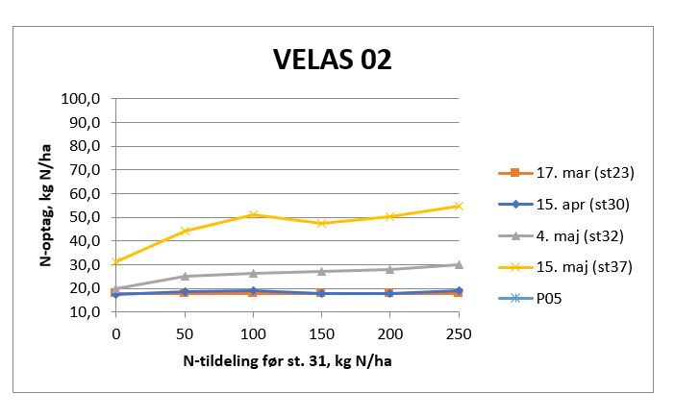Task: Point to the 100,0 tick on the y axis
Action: coord(81,99)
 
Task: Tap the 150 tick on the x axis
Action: coord(321,332)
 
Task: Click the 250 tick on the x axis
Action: coord(458,332)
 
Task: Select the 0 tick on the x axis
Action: coord(116,332)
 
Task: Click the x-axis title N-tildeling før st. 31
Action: coord(287,361)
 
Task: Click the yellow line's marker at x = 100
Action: coord(253,214)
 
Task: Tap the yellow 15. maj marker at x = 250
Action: coord(458,206)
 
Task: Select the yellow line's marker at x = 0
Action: coord(116,261)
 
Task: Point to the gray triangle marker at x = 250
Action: coord(458,264)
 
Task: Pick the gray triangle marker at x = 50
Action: coord(185,276)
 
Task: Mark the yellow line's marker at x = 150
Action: coord(321,223)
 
